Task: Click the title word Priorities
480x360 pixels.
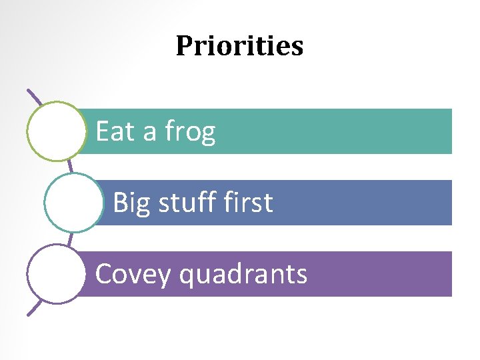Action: (x=239, y=46)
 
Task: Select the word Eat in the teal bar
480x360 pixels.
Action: (x=115, y=131)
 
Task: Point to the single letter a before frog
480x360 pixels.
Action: (x=150, y=133)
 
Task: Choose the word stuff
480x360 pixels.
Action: (x=183, y=203)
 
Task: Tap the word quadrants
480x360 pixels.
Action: (x=244, y=275)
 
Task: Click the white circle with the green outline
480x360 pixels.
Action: (x=57, y=131)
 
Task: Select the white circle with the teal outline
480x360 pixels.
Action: (x=74, y=203)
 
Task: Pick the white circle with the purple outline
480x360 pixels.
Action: (x=57, y=274)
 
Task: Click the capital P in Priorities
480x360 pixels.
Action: (x=184, y=46)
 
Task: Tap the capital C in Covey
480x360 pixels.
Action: (x=103, y=274)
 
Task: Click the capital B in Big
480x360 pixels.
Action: (x=121, y=203)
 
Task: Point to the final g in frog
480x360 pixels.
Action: (x=208, y=134)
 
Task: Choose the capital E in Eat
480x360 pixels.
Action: (x=103, y=131)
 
